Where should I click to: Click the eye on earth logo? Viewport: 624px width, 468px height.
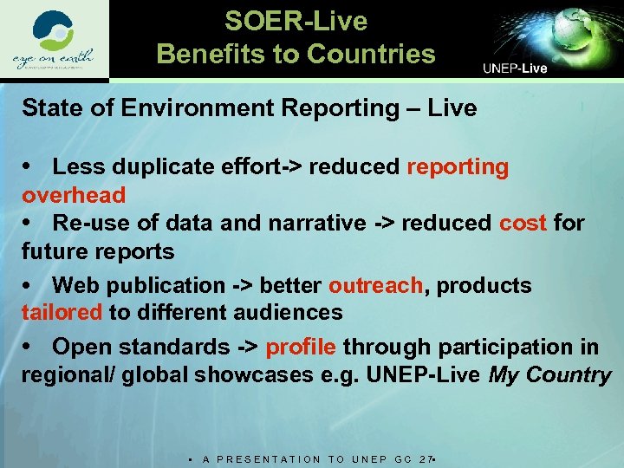click(53, 41)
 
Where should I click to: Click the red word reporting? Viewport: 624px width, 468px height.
click(458, 167)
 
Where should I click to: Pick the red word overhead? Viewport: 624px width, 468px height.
click(74, 195)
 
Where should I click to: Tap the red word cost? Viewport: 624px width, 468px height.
click(523, 223)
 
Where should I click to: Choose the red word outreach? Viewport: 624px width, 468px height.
click(377, 285)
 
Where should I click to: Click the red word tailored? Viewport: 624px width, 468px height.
click(62, 312)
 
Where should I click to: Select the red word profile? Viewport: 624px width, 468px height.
click(301, 348)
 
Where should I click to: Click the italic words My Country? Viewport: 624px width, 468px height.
click(550, 375)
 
